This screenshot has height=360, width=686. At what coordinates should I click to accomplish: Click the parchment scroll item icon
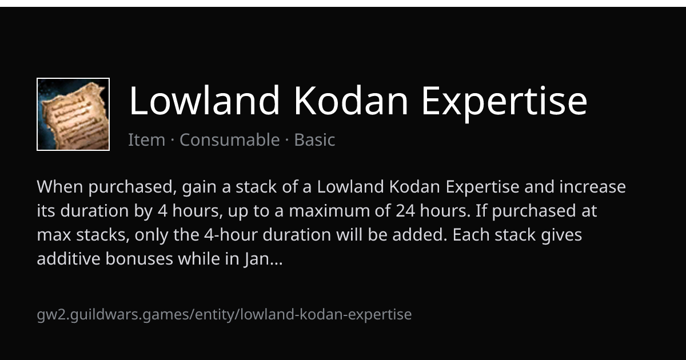[x=73, y=114]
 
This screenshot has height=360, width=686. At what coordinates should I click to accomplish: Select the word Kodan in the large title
[x=351, y=101]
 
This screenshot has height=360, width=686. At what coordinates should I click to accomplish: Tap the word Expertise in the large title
[x=505, y=103]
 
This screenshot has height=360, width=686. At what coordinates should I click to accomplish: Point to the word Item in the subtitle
[x=147, y=140]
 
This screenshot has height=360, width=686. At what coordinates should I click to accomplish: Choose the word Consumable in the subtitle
[x=230, y=140]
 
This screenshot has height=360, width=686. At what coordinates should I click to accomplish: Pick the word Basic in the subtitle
[x=315, y=140]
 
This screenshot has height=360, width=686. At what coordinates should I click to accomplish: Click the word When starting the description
[x=60, y=187]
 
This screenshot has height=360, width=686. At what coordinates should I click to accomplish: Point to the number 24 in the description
[x=405, y=211]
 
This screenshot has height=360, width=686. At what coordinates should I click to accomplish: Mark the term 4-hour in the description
[x=231, y=235]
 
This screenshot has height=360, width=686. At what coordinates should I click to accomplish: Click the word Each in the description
[x=471, y=235]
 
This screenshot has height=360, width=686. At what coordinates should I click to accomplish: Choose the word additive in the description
[x=69, y=259]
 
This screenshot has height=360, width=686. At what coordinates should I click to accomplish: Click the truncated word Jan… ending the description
[x=264, y=259]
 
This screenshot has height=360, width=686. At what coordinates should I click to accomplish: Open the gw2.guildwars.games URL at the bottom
[x=224, y=315]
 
